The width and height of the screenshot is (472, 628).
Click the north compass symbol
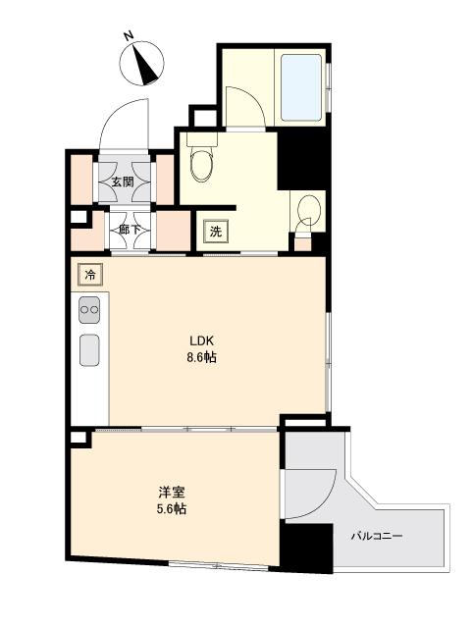tap(143, 66)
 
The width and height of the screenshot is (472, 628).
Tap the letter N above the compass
tap(129, 36)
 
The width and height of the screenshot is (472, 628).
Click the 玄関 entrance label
tap(124, 182)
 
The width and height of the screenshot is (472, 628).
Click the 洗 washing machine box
tap(214, 233)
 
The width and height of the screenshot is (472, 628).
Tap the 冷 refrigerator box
tap(88, 275)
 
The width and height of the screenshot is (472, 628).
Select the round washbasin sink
tap(307, 211)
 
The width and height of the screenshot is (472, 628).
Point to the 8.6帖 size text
tap(202, 357)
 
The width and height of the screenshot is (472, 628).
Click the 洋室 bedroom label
tap(174, 493)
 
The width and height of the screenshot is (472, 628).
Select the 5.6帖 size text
tap(174, 509)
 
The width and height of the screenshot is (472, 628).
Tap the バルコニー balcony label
tap(378, 537)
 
